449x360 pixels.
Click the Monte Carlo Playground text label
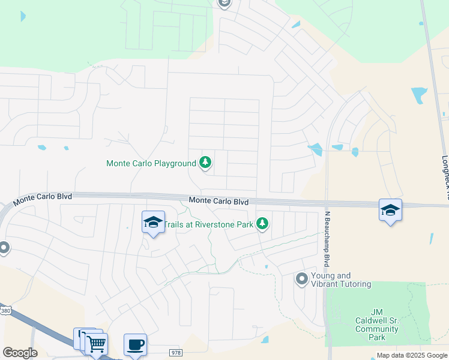[151, 163]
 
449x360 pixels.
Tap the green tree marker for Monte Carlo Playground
[205, 162]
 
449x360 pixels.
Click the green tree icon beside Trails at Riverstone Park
[262, 224]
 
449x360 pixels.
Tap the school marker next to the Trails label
[153, 223]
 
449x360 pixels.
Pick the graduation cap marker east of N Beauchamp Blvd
[390, 210]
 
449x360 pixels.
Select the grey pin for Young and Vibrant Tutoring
[301, 278]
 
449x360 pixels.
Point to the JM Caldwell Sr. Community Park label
[377, 324]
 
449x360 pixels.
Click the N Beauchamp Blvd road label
[327, 239]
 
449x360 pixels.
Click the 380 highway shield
[5, 311]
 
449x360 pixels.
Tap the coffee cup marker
[135, 344]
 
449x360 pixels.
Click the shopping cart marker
[96, 344]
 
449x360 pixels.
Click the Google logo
[20, 353]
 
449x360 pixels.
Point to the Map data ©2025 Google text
[412, 356]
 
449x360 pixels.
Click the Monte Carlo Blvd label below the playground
[218, 202]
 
